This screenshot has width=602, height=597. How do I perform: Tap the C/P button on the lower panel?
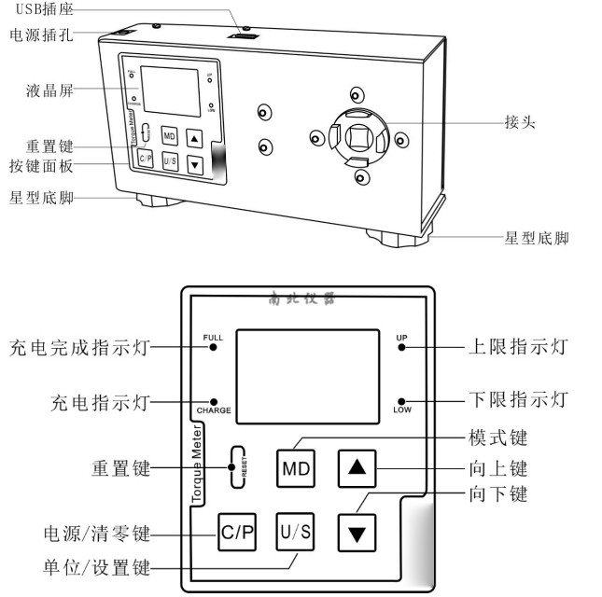[236, 534]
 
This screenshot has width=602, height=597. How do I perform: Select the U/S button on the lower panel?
[295, 534]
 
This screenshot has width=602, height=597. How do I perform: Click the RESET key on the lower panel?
[238, 465]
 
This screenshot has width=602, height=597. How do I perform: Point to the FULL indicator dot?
[213, 347]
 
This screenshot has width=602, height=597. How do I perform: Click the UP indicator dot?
[401, 346]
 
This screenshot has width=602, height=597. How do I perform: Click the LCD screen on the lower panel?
[307, 372]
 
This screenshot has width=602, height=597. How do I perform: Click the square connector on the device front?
[356, 138]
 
